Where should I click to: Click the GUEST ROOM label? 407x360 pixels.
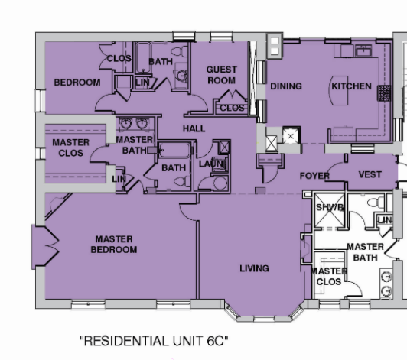coord(222,75)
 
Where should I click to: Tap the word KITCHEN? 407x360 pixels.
coord(351,86)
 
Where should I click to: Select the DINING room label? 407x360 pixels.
coord(286,86)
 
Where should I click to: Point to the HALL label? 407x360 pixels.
coord(194,128)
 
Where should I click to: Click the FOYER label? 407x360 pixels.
coord(314,176)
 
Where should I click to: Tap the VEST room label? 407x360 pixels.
coord(370,174)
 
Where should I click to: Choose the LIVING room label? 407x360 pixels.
coord(254,268)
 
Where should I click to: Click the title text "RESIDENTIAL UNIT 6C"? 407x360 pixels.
coord(155,341)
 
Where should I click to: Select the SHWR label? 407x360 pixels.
coord(330,207)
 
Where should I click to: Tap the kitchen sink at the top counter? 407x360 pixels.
coord(363,50)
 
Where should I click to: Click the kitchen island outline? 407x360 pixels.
coord(338,90)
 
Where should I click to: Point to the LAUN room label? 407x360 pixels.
coord(211,164)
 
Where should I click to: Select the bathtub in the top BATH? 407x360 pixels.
coord(143,58)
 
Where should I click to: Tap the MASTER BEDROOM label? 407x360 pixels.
coord(114,244)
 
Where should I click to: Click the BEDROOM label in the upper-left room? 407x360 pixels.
coord(77,83)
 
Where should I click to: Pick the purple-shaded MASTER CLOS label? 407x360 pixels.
coord(70,148)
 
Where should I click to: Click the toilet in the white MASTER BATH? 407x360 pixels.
coord(376,202)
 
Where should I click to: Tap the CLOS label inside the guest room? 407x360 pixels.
coord(232,108)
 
